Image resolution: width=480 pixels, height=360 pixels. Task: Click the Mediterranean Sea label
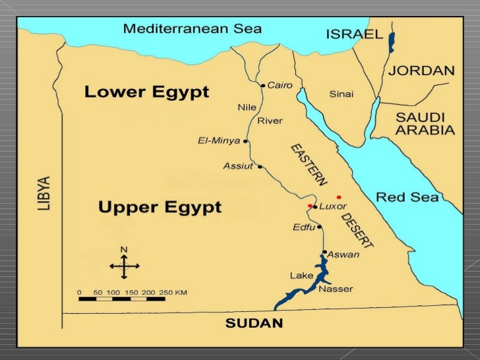193,29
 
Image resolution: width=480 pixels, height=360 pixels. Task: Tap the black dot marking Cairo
263,86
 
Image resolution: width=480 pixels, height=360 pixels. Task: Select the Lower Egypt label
146,92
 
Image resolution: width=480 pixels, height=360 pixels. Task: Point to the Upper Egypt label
160,208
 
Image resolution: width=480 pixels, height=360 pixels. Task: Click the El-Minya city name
219,140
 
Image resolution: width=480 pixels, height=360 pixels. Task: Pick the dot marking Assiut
260,166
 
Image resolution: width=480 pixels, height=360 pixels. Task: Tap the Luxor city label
333,207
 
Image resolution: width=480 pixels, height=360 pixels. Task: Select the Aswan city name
344,255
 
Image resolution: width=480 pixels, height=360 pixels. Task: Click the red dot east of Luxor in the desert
339,197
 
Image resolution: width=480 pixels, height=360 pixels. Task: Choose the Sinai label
341,94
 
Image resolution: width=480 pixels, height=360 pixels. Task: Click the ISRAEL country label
354,34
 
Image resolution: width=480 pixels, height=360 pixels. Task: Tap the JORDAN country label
421,71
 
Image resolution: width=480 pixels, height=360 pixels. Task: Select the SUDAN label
254,323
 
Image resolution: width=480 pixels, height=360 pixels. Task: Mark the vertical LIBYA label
44,193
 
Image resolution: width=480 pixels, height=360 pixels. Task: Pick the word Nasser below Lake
336,289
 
